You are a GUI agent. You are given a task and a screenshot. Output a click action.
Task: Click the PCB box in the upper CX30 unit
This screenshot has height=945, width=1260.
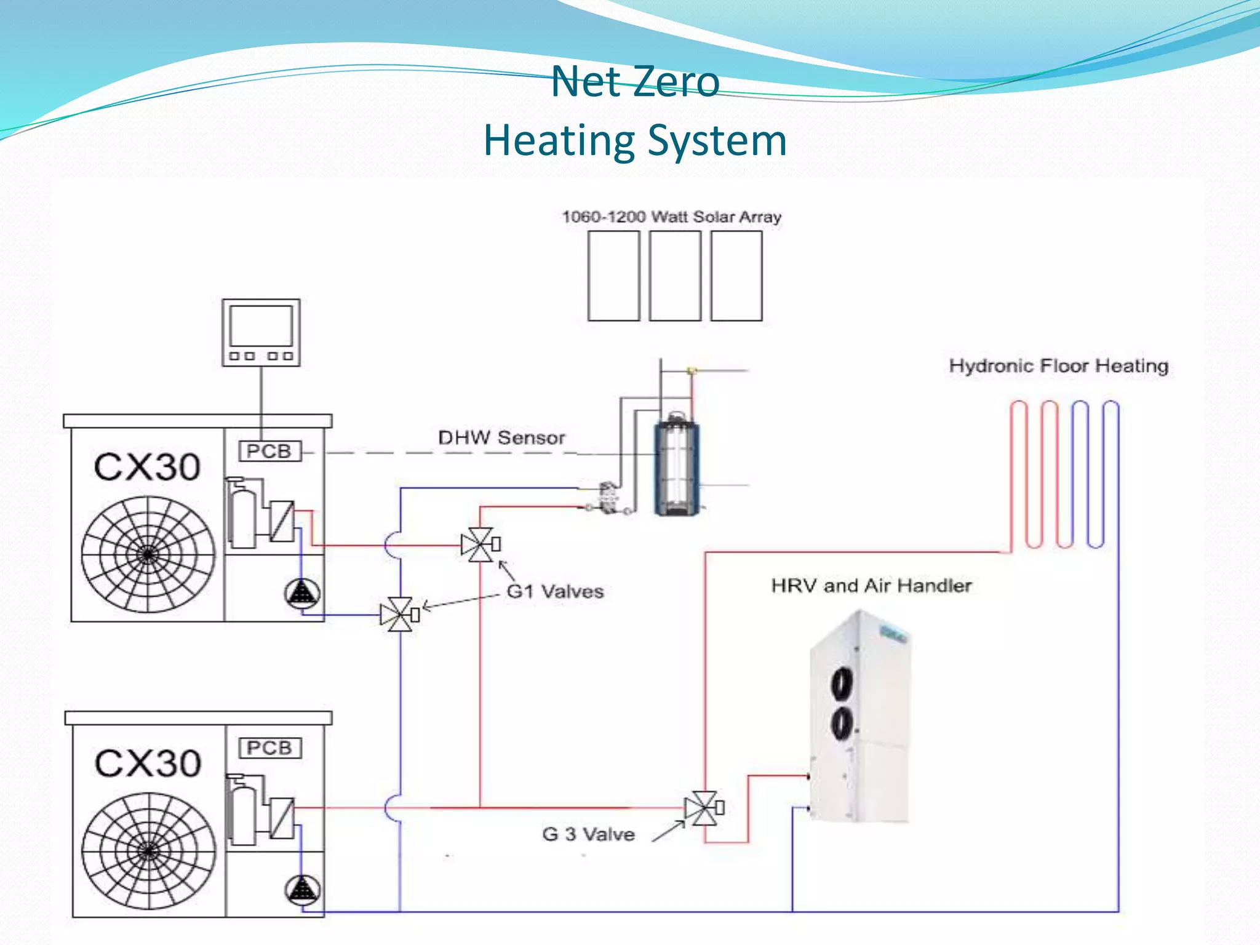tap(269, 451)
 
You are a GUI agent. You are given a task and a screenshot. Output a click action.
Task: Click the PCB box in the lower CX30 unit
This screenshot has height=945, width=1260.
tap(269, 748)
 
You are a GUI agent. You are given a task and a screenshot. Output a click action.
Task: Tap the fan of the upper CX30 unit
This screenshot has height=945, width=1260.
tap(148, 554)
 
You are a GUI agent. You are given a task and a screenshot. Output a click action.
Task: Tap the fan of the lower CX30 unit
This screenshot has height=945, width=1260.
tap(148, 851)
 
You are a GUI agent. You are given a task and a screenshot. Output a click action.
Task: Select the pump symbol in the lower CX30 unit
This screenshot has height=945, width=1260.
tap(302, 890)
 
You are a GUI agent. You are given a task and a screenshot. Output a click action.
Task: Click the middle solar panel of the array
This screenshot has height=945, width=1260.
tap(675, 276)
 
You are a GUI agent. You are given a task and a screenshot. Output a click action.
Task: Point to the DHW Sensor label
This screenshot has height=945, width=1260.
tap(501, 437)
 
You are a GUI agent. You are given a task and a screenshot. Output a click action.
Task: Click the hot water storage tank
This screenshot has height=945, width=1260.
tap(676, 465)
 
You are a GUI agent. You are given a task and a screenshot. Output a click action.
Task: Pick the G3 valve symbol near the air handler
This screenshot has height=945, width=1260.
tap(702, 808)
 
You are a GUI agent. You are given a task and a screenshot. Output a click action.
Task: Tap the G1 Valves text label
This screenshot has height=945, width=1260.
tap(554, 591)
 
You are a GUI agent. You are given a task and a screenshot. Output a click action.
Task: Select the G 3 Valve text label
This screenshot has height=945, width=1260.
tap(588, 834)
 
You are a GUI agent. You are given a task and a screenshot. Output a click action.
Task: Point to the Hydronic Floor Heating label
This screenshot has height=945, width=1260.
tap(1058, 365)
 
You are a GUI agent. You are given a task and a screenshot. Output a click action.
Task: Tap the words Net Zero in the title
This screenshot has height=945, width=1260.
tap(635, 81)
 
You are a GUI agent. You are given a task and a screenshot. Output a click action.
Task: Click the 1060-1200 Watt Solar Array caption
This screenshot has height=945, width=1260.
tap(671, 217)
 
